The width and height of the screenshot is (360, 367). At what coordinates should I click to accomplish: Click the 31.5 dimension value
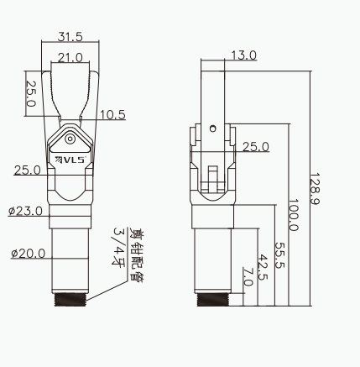tap(70, 36)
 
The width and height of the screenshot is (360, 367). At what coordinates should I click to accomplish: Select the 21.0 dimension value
tap(70, 58)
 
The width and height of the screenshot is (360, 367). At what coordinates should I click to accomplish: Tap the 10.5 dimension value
tap(112, 115)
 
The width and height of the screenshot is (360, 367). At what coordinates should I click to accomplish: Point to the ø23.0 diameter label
tap(25, 211)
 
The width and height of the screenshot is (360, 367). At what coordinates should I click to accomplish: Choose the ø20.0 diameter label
tap(28, 254)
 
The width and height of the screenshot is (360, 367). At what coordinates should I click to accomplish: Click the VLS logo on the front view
tap(70, 160)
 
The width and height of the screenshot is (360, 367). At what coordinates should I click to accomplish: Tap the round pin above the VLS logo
tap(70, 139)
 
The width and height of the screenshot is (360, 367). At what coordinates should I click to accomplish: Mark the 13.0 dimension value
tap(243, 55)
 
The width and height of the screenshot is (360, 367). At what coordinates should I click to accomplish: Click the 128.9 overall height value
tap(315, 189)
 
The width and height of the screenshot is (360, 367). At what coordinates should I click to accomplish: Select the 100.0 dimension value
tap(293, 215)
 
